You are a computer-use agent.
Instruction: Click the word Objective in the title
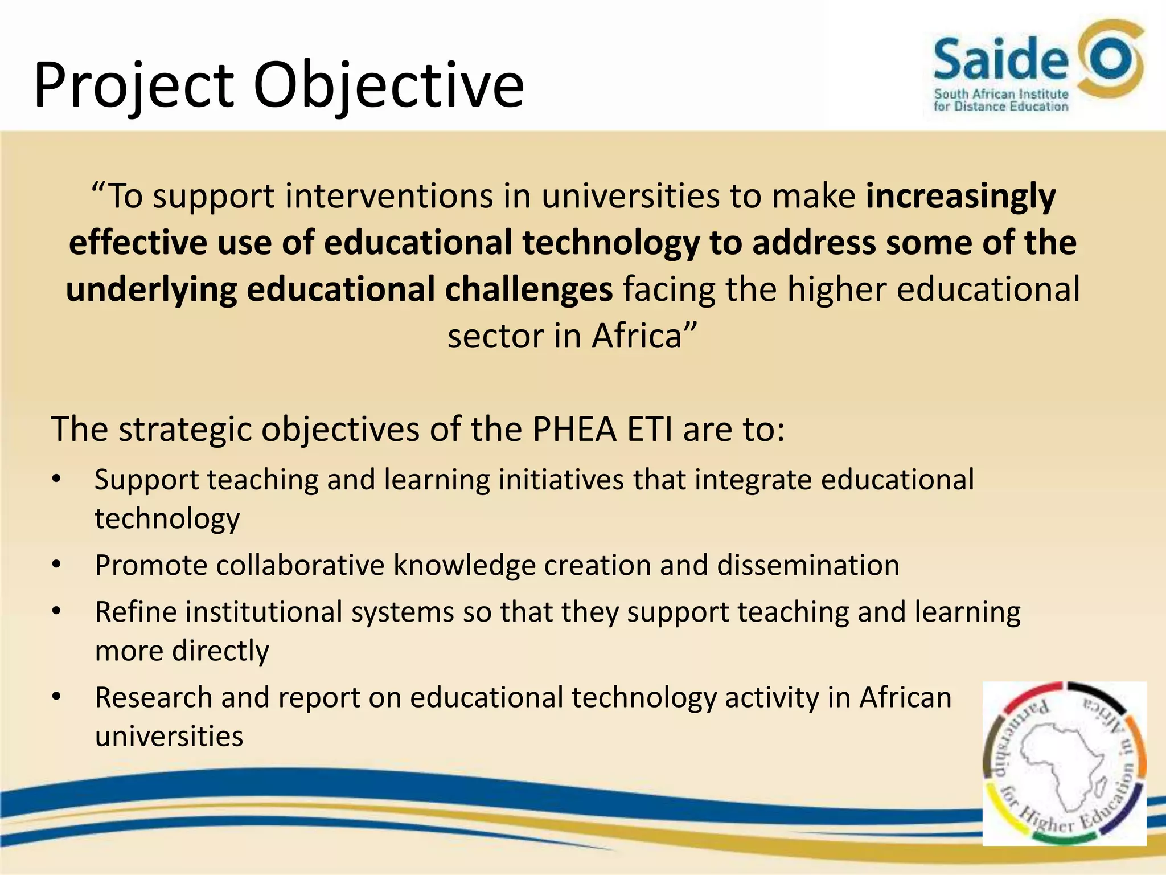point(388,85)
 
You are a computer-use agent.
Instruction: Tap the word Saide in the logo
point(1000,59)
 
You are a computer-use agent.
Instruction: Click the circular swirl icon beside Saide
point(1111,59)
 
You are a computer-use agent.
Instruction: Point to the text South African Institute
point(1001,94)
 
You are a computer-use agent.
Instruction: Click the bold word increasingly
point(960,196)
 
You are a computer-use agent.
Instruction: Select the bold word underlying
point(151,289)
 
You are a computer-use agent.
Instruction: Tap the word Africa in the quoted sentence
point(637,336)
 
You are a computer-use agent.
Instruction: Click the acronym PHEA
point(574,429)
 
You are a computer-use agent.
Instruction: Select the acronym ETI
point(649,429)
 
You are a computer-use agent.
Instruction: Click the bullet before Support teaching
point(56,479)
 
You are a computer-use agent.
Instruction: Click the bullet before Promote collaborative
point(56,565)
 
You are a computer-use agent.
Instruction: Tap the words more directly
point(182,651)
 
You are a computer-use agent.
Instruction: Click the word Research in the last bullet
point(153,697)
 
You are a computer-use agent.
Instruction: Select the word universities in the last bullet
point(169,736)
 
